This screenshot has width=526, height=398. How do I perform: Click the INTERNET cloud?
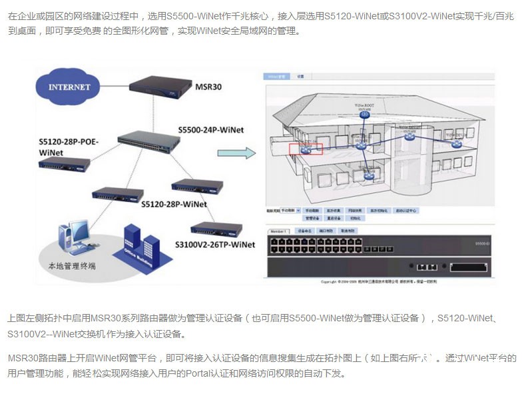(x=69, y=87)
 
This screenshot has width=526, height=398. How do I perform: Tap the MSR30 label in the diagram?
(x=208, y=87)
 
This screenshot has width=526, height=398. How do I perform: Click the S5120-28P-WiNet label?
(x=174, y=204)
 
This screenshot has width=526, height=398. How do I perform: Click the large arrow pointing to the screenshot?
(x=237, y=153)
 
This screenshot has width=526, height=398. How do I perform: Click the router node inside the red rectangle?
(x=306, y=148)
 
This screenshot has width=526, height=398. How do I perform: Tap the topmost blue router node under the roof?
(x=364, y=115)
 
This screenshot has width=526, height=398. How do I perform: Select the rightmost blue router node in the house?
(x=456, y=143)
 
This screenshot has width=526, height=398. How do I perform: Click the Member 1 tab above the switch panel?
(x=278, y=231)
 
